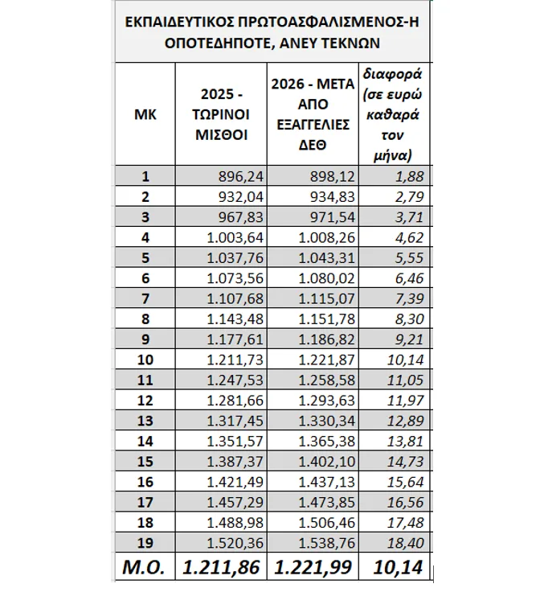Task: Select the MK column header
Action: tap(145, 114)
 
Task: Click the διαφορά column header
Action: tap(394, 114)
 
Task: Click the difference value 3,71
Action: tap(407, 216)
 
